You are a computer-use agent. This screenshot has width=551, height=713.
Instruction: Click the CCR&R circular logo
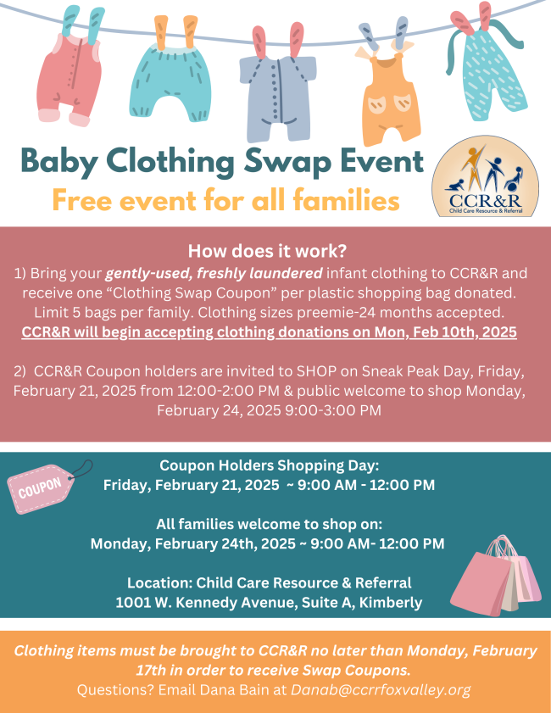coord(485,177)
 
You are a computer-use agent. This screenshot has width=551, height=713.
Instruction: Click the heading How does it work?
coord(267,251)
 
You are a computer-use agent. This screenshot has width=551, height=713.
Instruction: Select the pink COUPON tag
coord(41,489)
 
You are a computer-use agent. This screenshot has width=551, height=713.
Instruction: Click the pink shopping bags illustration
coord(496,575)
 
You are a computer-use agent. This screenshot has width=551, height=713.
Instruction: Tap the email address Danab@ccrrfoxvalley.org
coord(381,690)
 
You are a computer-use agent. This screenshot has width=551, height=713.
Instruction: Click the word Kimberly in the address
coord(391,603)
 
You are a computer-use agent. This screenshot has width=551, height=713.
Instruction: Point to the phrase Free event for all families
coord(226,200)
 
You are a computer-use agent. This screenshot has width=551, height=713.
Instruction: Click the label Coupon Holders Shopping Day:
coord(269,465)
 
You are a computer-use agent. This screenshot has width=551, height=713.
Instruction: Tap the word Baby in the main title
coord(59,162)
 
